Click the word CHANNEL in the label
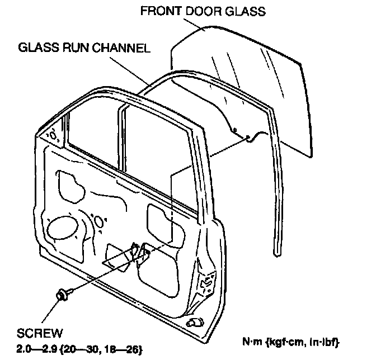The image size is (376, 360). tap(123, 48)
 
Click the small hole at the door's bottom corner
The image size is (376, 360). tap(196, 323)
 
